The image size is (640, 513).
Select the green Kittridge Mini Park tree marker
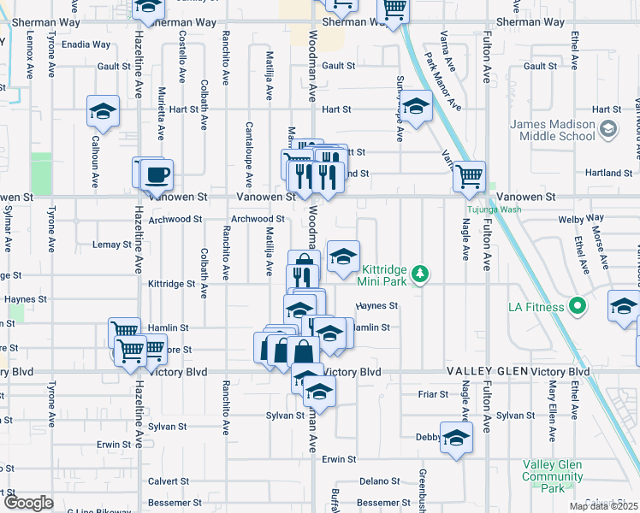coord(419,274)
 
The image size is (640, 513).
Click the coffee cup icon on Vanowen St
coord(157,175)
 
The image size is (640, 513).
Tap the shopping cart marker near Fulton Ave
coord(469,177)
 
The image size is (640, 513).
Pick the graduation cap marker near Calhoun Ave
coord(103,111)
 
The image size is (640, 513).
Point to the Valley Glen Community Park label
coord(553,476)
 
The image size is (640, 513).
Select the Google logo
coord(27,503)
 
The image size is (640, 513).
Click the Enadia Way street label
coord(86,44)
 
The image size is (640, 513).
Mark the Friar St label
coord(433,394)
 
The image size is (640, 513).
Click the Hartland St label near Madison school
coord(609,173)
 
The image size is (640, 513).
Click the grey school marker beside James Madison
coord(609,129)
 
